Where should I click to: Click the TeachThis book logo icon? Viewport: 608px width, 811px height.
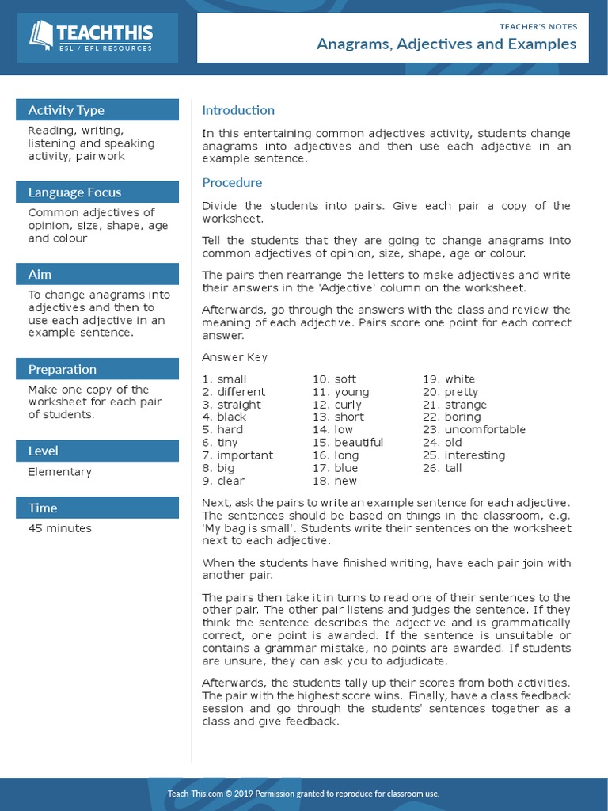click(41, 35)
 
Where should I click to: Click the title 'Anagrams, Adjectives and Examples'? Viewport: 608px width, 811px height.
click(446, 44)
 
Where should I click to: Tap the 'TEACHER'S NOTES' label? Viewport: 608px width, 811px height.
click(538, 26)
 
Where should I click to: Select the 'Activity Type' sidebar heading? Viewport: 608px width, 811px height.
click(66, 110)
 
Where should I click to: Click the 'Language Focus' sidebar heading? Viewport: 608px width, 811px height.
click(74, 192)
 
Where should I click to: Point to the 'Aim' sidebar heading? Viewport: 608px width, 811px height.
click(40, 275)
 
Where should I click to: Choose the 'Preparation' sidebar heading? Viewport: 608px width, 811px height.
click(62, 370)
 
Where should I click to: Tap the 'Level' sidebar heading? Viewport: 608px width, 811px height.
click(44, 451)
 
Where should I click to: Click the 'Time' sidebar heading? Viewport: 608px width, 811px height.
click(43, 508)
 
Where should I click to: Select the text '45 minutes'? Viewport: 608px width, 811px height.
click(59, 528)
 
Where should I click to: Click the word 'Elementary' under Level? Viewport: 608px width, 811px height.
click(59, 472)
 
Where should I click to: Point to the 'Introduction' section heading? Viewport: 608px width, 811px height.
click(238, 110)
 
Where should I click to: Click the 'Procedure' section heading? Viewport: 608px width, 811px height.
click(232, 183)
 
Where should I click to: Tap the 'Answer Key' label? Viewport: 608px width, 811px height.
click(234, 357)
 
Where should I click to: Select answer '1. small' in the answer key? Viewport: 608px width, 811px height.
click(224, 379)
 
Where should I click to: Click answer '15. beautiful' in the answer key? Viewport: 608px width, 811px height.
click(348, 443)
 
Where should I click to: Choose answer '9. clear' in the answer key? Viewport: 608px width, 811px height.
click(223, 481)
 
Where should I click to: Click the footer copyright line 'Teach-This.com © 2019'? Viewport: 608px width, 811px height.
click(303, 794)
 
